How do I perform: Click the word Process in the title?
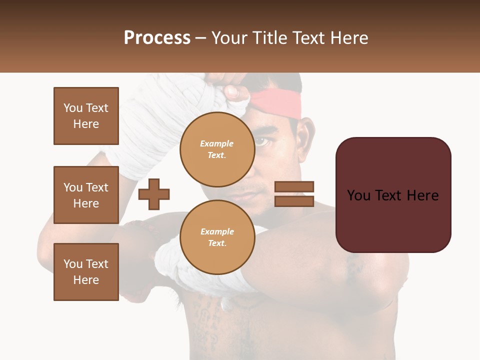tap(157, 38)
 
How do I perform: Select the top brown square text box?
tap(86, 116)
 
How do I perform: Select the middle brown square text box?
tap(86, 195)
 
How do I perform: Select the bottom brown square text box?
tap(86, 272)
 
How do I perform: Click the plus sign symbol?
tap(154, 194)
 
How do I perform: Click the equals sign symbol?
tap(294, 194)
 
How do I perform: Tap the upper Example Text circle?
tap(217, 149)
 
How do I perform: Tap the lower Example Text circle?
tap(217, 237)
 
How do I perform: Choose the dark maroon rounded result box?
tap(393, 195)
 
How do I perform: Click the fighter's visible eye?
tap(262, 142)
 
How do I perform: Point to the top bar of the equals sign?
tap(294, 186)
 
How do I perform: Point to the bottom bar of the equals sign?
tap(294, 201)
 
